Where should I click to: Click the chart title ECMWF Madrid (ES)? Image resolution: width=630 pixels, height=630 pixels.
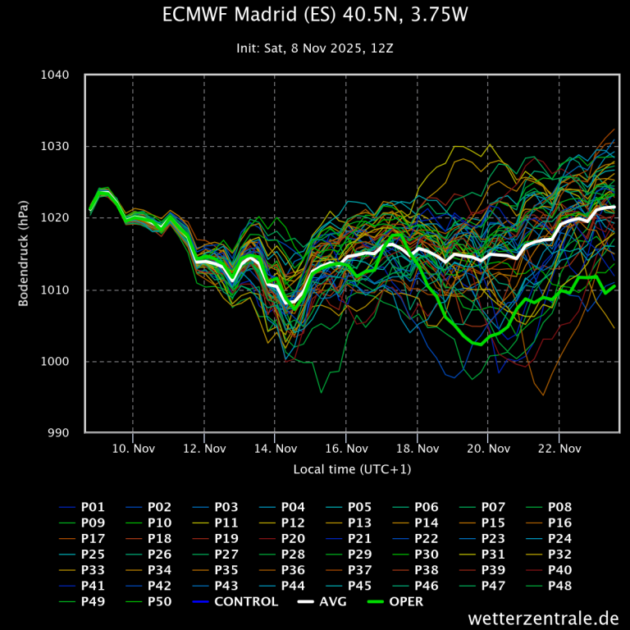pyautogui.click(x=315, y=16)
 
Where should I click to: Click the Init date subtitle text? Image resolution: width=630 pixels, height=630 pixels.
pyautogui.click(x=315, y=48)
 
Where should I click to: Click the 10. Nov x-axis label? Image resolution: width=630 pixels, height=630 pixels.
pyautogui.click(x=133, y=449)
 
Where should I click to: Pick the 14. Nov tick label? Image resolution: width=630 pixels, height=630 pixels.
pyautogui.click(x=275, y=449)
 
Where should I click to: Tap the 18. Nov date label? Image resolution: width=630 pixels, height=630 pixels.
pyautogui.click(x=417, y=449)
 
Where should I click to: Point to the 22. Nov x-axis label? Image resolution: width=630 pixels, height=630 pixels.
pyautogui.click(x=559, y=449)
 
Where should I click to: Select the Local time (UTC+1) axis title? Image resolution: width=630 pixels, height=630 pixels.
pyautogui.click(x=352, y=469)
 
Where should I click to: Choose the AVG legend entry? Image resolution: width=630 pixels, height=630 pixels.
pyautogui.click(x=332, y=601)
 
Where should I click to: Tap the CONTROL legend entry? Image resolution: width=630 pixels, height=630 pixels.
pyautogui.click(x=245, y=601)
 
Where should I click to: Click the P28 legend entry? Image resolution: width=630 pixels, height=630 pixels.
pyautogui.click(x=293, y=554)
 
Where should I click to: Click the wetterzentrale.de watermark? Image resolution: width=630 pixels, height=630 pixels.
pyautogui.click(x=544, y=617)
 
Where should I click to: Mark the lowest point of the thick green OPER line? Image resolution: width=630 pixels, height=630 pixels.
pyautogui.click(x=479, y=345)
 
